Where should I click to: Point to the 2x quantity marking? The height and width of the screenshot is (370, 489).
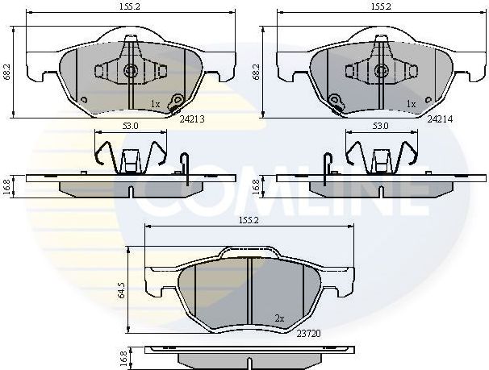coord(279,318)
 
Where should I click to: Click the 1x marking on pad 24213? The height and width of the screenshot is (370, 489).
coord(156,104)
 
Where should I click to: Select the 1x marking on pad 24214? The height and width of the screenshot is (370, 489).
coord(411,104)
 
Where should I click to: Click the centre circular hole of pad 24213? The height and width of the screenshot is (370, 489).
coord(131,71)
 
